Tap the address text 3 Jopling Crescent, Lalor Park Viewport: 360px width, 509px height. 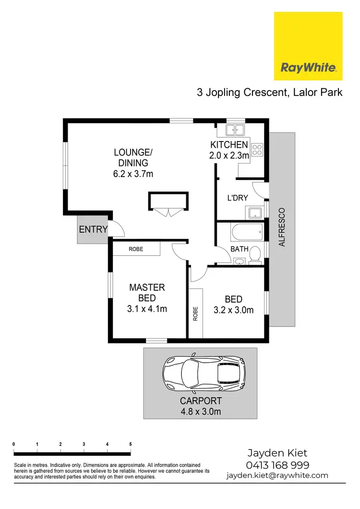[270, 92]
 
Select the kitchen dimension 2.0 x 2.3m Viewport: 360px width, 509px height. [229, 155]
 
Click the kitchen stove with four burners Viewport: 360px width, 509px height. [257, 149]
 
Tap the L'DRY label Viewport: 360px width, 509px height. [237, 198]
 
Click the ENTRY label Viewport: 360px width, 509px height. [93, 229]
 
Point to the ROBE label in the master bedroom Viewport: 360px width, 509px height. [136, 249]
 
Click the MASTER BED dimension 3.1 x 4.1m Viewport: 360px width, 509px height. [147, 309]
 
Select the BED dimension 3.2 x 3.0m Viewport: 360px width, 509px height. [233, 310]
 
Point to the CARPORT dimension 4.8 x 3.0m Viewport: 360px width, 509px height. [201, 411]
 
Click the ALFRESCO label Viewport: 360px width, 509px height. [282, 227]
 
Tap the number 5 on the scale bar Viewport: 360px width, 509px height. [131, 444]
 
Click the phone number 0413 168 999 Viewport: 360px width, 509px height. [277, 465]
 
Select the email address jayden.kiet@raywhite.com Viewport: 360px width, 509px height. [277, 475]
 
